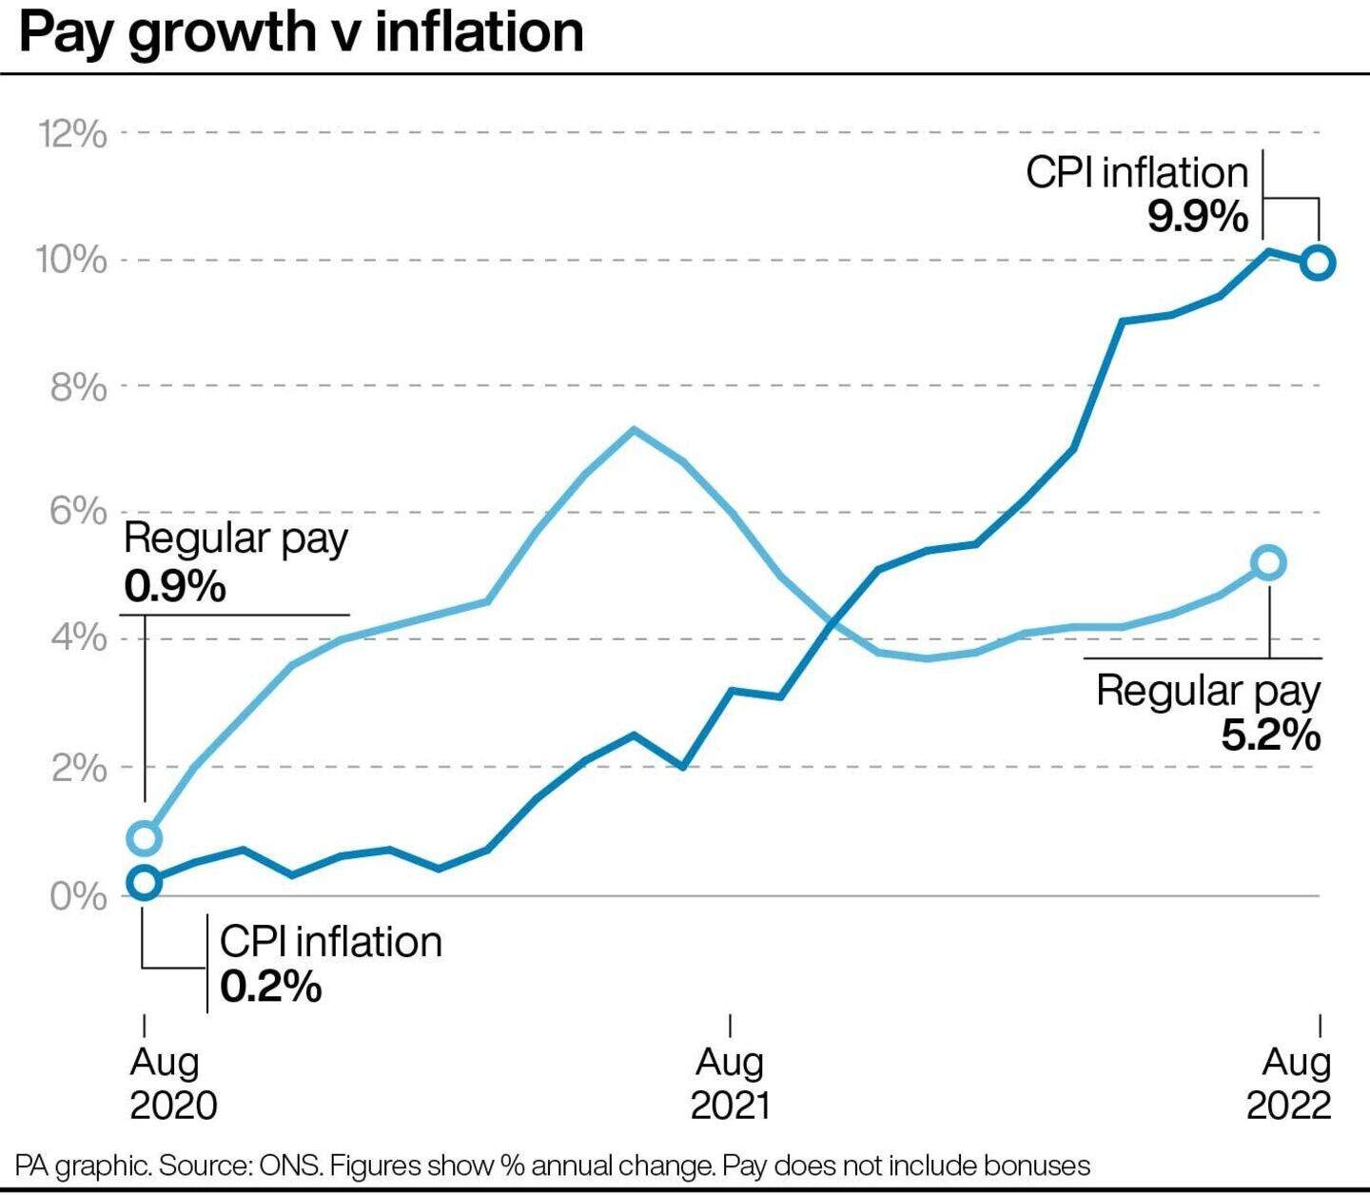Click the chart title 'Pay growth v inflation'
pyautogui.click(x=302, y=33)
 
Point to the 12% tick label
pyautogui.click(x=72, y=134)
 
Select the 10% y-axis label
pyautogui.click(x=72, y=260)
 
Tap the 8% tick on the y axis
pyautogui.click(x=79, y=387)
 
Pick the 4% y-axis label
pyautogui.click(x=79, y=638)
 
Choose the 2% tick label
pyautogui.click(x=79, y=767)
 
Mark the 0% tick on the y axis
pyautogui.click(x=79, y=895)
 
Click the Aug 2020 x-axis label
pyautogui.click(x=173, y=1083)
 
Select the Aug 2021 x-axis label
pyautogui.click(x=731, y=1083)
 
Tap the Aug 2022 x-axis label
pyautogui.click(x=1289, y=1083)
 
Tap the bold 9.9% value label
pyautogui.click(x=1197, y=216)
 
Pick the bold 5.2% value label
pyautogui.click(x=1270, y=735)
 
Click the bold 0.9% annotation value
pyautogui.click(x=175, y=586)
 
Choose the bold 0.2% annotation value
pyautogui.click(x=270, y=987)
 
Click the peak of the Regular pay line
pyautogui.click(x=634, y=429)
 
